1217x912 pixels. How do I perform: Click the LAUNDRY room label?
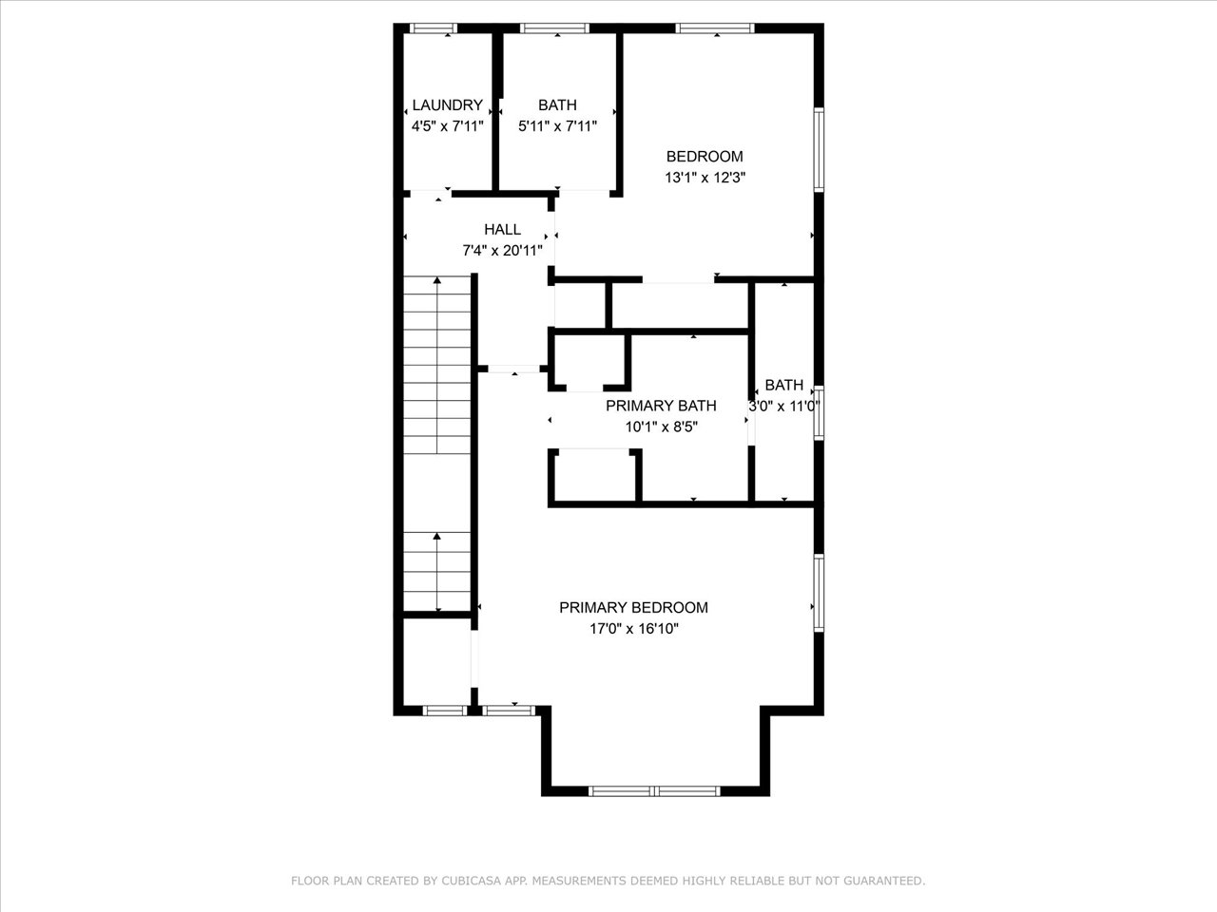pyautogui.click(x=448, y=105)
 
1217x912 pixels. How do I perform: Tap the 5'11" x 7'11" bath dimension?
pyautogui.click(x=557, y=126)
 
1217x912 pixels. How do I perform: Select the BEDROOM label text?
pyautogui.click(x=705, y=157)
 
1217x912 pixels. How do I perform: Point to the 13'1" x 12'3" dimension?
pyautogui.click(x=705, y=178)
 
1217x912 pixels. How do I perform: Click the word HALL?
pyautogui.click(x=502, y=230)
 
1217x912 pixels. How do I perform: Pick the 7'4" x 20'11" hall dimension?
pyautogui.click(x=502, y=251)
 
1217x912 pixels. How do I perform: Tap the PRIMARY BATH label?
pyautogui.click(x=661, y=406)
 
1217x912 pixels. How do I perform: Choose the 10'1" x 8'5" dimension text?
pyautogui.click(x=661, y=427)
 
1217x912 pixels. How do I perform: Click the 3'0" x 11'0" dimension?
pyautogui.click(x=784, y=407)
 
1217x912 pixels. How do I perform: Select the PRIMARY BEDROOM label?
pyautogui.click(x=634, y=608)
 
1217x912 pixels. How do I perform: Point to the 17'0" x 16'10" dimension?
pyautogui.click(x=634, y=629)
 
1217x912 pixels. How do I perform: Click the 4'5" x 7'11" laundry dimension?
pyautogui.click(x=448, y=126)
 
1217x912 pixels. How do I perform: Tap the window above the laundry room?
pyautogui.click(x=433, y=28)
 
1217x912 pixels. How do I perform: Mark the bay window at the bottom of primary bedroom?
pyautogui.click(x=654, y=791)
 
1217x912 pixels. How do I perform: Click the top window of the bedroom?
pyautogui.click(x=715, y=28)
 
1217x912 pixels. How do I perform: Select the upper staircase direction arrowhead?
pyautogui.click(x=437, y=280)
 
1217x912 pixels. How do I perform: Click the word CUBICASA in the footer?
pyautogui.click(x=467, y=881)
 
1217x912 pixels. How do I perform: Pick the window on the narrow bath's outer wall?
pyautogui.click(x=819, y=413)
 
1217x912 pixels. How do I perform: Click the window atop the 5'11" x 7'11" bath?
pyautogui.click(x=554, y=28)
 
